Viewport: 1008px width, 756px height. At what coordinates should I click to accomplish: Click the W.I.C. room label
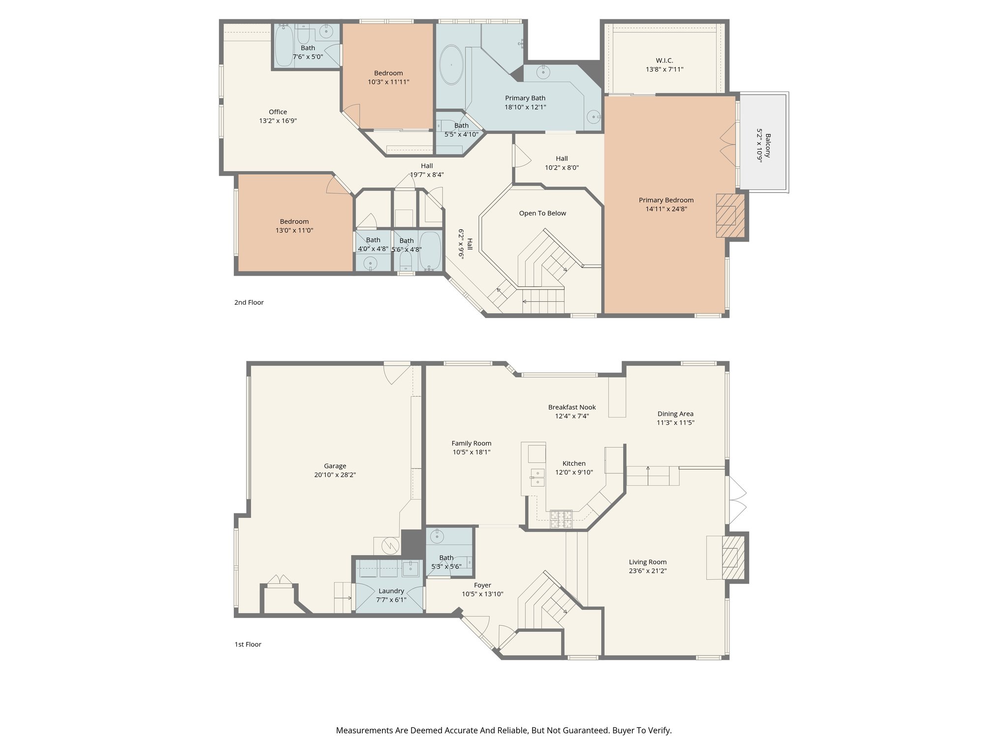(664, 61)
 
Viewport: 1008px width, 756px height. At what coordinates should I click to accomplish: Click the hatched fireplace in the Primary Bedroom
(730, 216)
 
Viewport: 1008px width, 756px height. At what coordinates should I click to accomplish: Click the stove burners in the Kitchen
(561, 519)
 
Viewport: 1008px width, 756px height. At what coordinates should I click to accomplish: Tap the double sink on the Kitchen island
(536, 477)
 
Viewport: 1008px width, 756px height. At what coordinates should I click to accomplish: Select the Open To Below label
(542, 213)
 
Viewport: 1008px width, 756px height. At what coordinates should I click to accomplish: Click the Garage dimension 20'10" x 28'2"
(335, 475)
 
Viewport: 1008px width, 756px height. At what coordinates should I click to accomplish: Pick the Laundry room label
(391, 591)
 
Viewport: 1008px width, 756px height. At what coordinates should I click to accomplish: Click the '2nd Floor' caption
(249, 302)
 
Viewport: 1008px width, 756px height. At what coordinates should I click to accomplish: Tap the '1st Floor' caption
(248, 644)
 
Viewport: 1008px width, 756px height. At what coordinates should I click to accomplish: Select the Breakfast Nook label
(572, 407)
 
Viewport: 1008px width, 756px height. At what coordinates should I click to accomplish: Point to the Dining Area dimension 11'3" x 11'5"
(675, 422)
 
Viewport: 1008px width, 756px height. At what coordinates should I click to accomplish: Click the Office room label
(278, 112)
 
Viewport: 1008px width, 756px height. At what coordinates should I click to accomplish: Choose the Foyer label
(482, 585)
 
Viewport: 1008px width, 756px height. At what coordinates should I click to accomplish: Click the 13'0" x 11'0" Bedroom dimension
(294, 230)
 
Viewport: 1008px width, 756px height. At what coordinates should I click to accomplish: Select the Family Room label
(471, 443)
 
